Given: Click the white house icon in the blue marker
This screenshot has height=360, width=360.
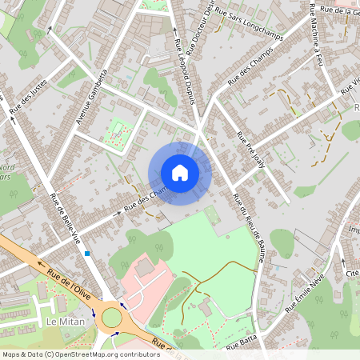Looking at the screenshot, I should click(179, 173).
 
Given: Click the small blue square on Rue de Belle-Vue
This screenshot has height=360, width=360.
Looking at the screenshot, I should click(86, 253).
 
